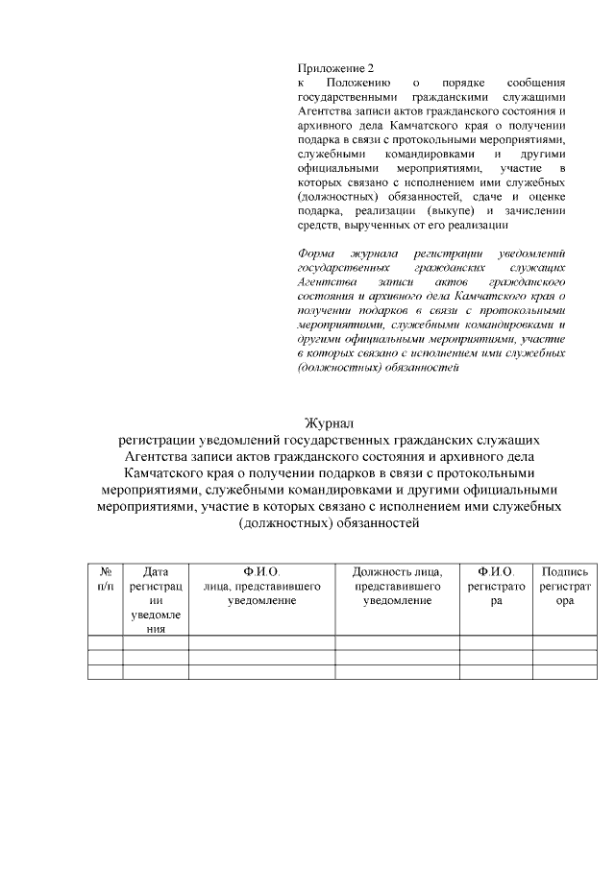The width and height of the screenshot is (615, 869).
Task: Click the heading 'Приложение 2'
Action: [x=333, y=68]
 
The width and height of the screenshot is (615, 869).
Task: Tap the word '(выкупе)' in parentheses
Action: [x=451, y=210]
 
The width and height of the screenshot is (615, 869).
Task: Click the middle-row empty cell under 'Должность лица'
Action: [x=397, y=657]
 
